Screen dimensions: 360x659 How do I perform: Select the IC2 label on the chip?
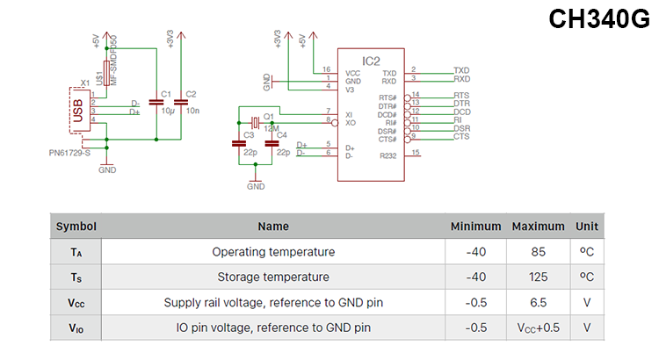(x=371, y=61)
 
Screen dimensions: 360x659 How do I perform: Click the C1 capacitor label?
(x=166, y=93)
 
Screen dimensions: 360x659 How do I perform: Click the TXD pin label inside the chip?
(x=389, y=72)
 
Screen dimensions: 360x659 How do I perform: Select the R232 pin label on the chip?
(x=388, y=155)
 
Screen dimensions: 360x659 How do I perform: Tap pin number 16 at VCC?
(x=327, y=68)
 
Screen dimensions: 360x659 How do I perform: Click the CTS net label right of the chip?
(x=461, y=137)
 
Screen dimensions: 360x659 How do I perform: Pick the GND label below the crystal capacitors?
(x=256, y=186)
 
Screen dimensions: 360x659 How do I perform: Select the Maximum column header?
(x=538, y=227)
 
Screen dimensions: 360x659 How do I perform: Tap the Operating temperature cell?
(x=273, y=252)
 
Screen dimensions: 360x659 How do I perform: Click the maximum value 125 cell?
(x=538, y=277)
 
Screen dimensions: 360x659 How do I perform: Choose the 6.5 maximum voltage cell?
(x=538, y=303)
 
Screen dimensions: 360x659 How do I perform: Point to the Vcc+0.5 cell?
(x=538, y=328)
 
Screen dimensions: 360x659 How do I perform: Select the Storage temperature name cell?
(x=273, y=277)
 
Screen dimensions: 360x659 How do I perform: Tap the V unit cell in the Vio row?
(x=586, y=328)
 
